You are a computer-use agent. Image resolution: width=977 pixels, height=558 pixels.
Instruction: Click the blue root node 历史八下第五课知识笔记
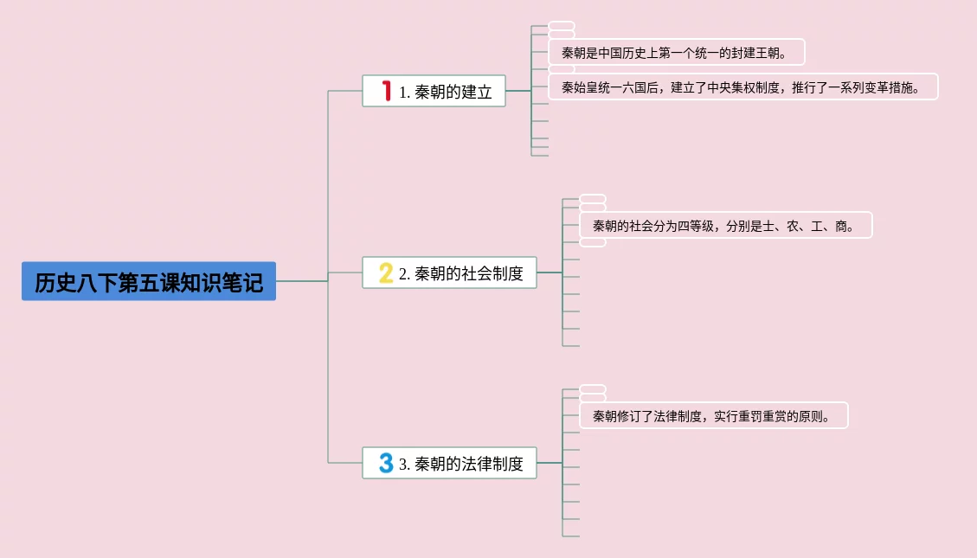(149, 282)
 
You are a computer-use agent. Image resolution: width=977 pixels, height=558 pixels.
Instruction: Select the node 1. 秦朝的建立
(434, 91)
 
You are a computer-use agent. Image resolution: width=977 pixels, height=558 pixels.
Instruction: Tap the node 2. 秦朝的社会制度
(449, 273)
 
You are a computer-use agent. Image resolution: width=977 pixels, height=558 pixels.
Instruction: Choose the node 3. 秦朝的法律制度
(449, 463)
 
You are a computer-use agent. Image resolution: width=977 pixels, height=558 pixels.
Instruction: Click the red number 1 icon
(387, 91)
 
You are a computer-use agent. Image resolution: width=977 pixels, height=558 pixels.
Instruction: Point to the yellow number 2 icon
(386, 273)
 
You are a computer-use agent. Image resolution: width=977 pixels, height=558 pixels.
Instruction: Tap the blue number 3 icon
(386, 463)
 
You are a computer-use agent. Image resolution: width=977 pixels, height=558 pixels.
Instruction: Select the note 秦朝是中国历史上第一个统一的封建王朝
(676, 52)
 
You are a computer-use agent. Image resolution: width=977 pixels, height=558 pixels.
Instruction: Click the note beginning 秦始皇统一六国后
(742, 87)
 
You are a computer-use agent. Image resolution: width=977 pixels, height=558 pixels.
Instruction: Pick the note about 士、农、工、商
(725, 226)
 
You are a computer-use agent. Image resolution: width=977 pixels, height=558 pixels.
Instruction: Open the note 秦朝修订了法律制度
(713, 416)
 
